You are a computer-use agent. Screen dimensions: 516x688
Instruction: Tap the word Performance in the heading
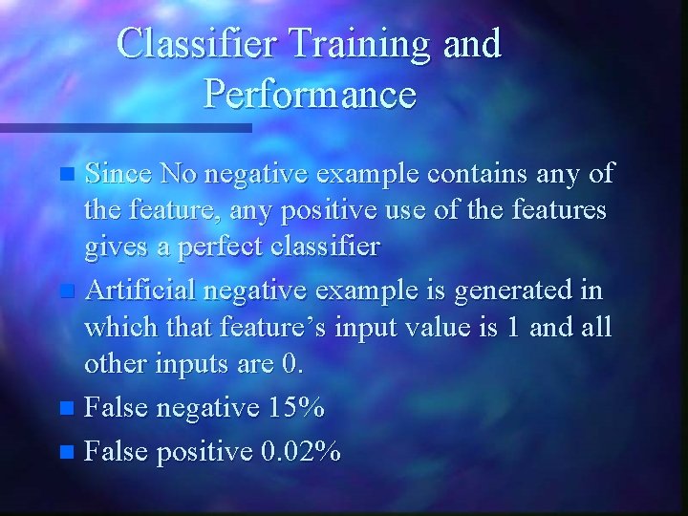(310, 95)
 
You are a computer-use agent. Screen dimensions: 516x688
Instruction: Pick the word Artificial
(142, 290)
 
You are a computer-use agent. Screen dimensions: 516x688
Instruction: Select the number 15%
(296, 408)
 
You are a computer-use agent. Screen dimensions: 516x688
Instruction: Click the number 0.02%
(300, 450)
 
